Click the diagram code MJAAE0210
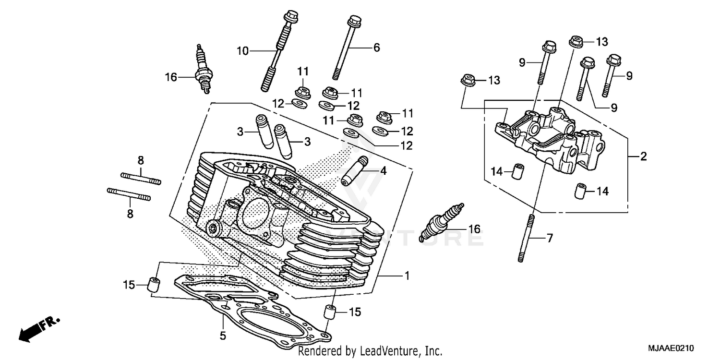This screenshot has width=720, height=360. point(670,348)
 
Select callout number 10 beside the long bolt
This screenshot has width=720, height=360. point(243,50)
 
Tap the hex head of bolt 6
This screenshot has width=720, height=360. point(354,22)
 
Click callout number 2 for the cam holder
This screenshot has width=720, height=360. point(644,156)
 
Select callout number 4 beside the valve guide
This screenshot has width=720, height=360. point(383,170)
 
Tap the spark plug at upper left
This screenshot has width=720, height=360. point(202,70)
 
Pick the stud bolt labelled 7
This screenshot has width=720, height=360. point(527,238)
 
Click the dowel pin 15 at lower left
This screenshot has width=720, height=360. point(153,284)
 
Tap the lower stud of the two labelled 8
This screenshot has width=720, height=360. point(128,194)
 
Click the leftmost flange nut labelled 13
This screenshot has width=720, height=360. point(466,80)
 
